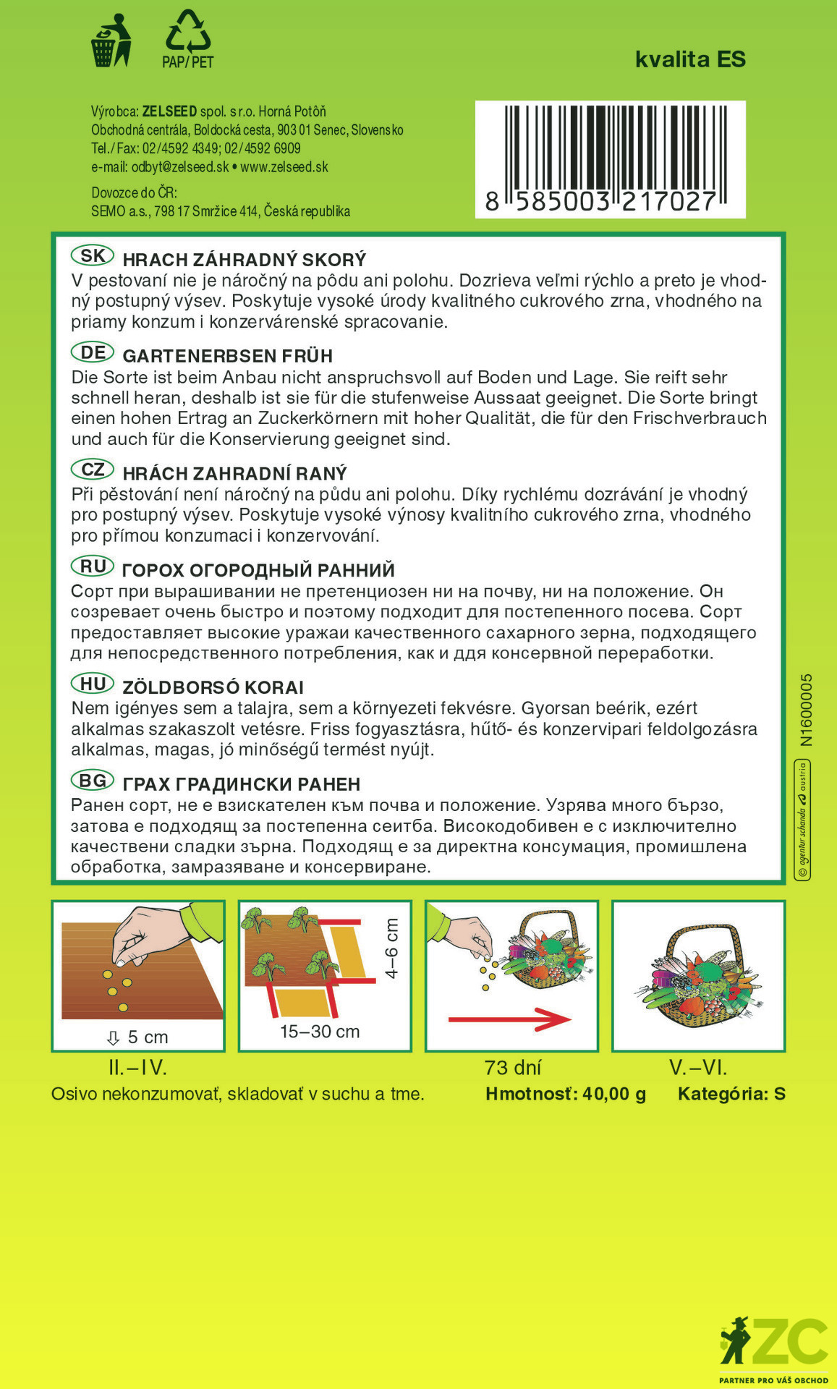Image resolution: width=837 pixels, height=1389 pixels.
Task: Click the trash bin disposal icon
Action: (x=111, y=41)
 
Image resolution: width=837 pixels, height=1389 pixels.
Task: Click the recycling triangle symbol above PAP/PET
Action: (x=188, y=30)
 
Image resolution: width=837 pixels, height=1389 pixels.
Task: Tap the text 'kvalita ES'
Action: (x=690, y=59)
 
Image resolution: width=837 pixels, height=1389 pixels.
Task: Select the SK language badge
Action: (x=93, y=256)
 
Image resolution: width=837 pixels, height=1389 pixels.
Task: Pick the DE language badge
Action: (x=93, y=353)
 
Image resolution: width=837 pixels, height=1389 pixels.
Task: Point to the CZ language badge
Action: (x=93, y=470)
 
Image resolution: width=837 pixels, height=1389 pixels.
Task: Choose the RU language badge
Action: (x=93, y=566)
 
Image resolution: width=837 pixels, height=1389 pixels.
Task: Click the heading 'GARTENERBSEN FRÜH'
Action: (x=227, y=356)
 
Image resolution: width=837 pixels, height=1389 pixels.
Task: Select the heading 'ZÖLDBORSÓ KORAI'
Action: (x=213, y=687)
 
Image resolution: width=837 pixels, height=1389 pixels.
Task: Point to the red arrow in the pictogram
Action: (x=509, y=1020)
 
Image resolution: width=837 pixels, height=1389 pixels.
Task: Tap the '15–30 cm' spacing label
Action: (x=320, y=1032)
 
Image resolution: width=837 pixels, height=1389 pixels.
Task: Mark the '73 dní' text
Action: (x=513, y=1068)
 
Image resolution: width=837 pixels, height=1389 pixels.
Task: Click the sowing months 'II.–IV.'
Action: (x=137, y=1068)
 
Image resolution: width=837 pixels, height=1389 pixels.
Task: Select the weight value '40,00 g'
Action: (x=613, y=1094)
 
